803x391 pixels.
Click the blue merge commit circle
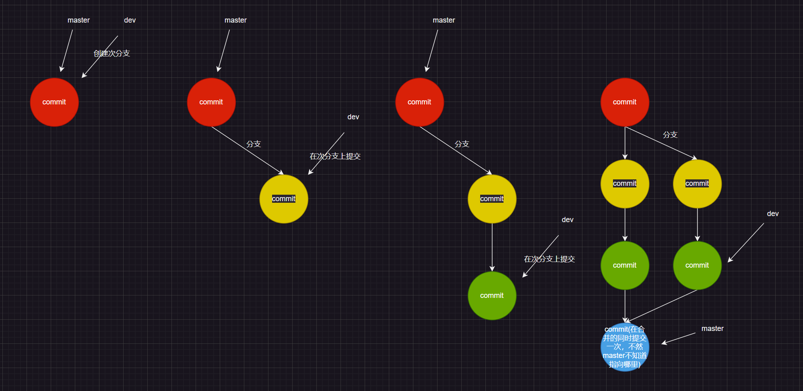coord(625,347)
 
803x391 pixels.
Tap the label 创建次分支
coord(112,53)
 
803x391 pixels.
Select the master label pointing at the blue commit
coord(712,329)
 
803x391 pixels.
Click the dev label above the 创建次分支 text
coord(130,20)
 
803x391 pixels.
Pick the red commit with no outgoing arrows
coord(54,102)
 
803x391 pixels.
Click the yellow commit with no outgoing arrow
coord(284,199)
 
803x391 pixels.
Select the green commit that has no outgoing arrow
coord(492,295)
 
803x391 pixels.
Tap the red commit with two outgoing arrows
coord(625,102)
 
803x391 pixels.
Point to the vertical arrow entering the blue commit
coord(625,306)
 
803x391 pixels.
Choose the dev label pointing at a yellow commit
coord(353,117)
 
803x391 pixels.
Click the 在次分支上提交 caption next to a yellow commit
coord(335,156)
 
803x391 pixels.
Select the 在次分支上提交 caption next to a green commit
coord(549,259)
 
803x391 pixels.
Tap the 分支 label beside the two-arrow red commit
coord(670,135)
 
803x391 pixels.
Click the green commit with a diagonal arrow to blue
coord(697,265)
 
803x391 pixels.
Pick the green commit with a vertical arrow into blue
coord(625,265)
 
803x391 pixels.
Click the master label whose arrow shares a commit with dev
coord(78,20)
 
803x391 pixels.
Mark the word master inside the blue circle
coord(613,356)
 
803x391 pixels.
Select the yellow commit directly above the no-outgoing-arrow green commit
coord(492,199)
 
